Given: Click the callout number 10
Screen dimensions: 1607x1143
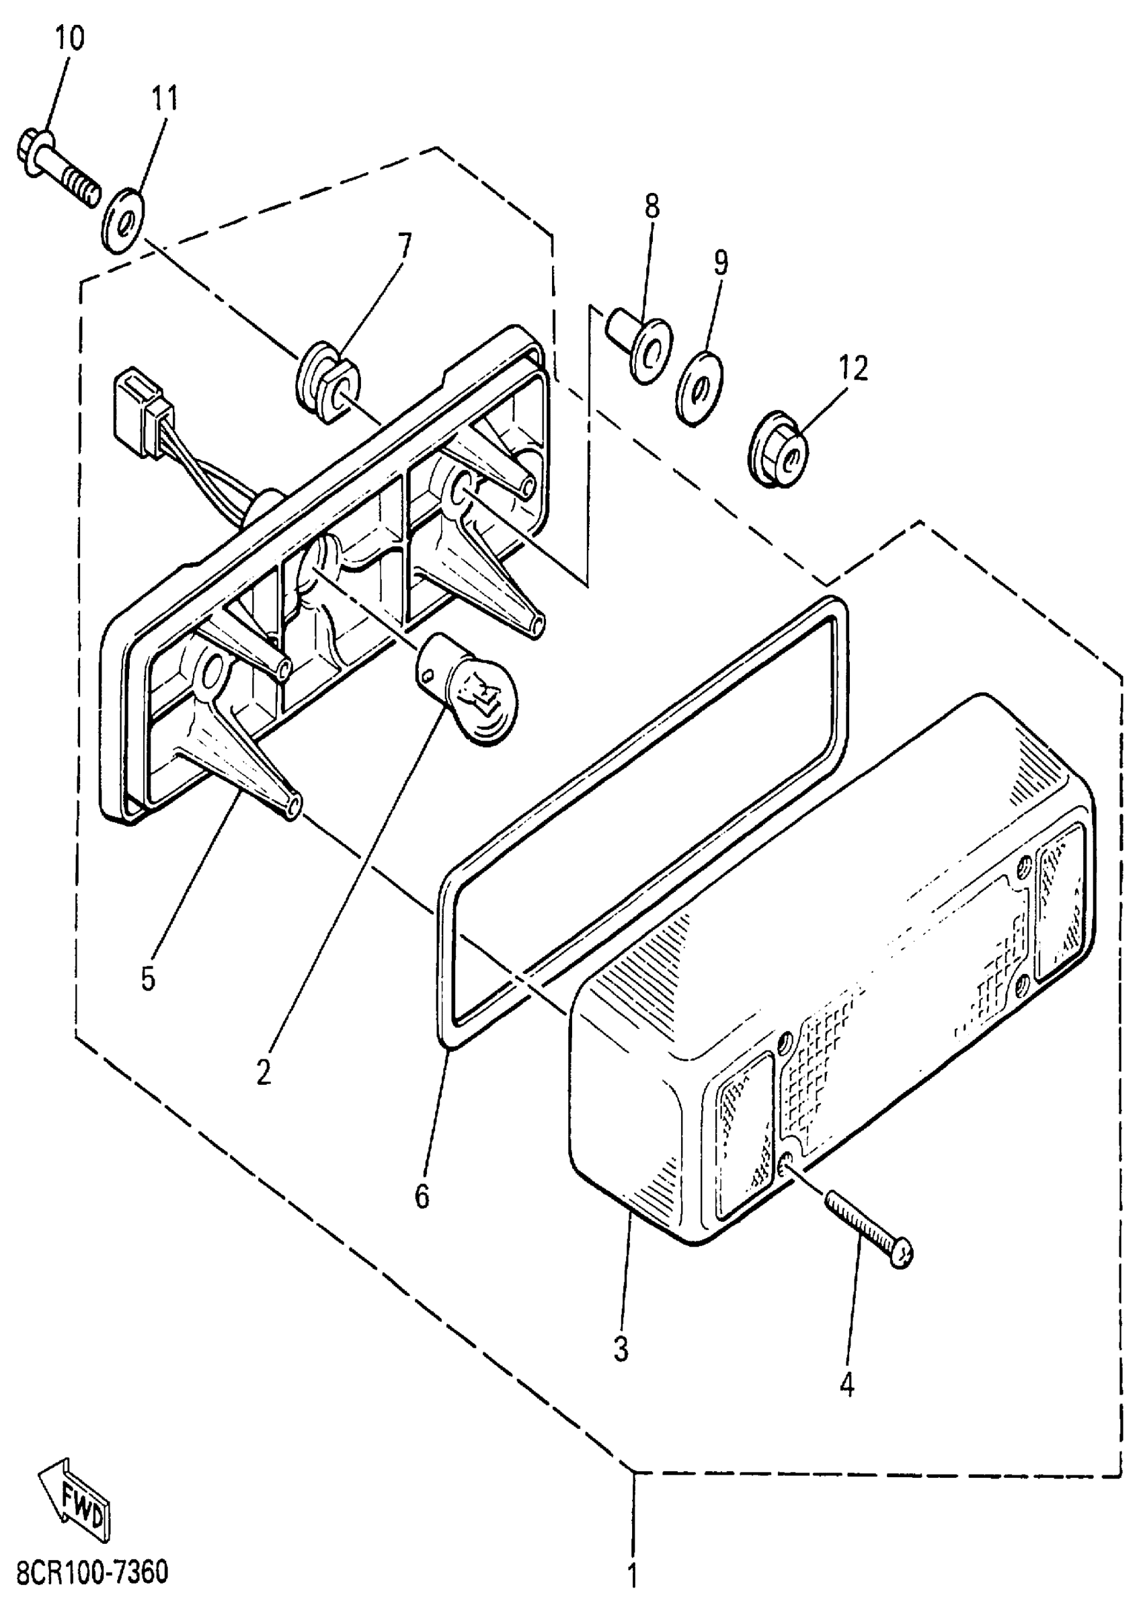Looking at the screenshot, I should coord(69,38).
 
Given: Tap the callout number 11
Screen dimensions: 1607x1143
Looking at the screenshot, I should coord(165,99).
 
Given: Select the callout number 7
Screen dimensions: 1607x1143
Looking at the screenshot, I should coord(403,245).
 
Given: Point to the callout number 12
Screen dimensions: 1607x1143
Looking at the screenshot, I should coord(853,369).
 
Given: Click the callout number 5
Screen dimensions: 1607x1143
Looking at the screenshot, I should coord(148,978).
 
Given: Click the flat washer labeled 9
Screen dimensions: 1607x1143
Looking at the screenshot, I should coord(701,386).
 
